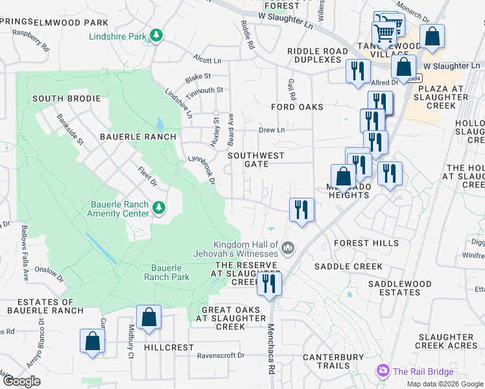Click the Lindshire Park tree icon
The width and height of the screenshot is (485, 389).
(156, 35)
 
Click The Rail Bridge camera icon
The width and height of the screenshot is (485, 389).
(383, 371)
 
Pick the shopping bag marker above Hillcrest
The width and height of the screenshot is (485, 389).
(148, 318)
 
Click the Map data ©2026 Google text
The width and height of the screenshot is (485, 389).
(445, 384)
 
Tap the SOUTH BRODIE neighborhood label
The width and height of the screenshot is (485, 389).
(67, 99)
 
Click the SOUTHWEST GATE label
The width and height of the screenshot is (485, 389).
(256, 159)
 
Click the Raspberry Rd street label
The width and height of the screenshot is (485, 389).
(31, 40)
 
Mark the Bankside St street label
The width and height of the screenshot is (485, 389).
(71, 129)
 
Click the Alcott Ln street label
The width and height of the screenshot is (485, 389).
(207, 60)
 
